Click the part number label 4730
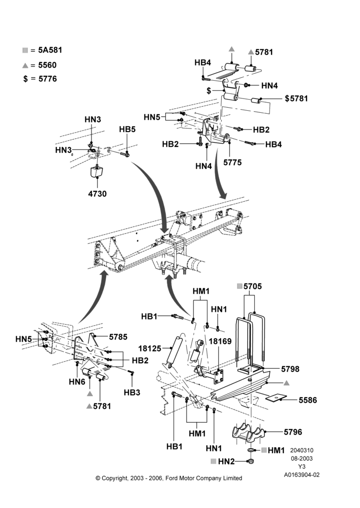[97, 194]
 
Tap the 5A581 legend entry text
[50, 50]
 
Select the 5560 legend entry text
[47, 65]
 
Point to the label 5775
[232, 162]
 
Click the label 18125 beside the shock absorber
[150, 348]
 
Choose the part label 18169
[220, 341]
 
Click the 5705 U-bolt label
[253, 286]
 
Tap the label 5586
[308, 400]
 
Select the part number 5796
[293, 432]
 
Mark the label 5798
[290, 369]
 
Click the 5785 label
[118, 337]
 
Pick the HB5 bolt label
[127, 129]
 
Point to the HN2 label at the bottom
[226, 461]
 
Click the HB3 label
[132, 392]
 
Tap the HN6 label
[77, 382]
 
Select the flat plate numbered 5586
[276, 398]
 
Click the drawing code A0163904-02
[302, 475]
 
